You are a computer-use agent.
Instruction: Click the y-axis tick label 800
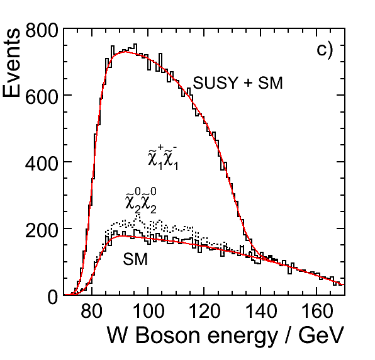tap(42, 30)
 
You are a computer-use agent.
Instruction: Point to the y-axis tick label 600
tap(42, 97)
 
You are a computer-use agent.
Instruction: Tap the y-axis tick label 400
tap(42, 164)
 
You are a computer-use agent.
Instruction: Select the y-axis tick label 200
tap(42, 230)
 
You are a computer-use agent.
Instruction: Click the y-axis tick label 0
tap(53, 297)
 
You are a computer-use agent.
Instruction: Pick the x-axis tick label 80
tap(92, 312)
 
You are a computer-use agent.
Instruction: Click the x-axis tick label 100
tap(148, 312)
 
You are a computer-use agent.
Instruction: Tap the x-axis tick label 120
tap(204, 312)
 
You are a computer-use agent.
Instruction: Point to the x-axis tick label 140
tap(260, 312)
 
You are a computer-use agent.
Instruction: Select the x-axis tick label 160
tap(316, 312)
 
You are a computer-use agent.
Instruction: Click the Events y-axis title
tap(11, 63)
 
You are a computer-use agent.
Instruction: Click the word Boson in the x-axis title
tap(167, 335)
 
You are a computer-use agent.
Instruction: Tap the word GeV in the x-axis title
tap(321, 335)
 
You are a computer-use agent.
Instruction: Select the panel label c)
tap(325, 51)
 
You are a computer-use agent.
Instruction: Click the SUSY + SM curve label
tap(238, 83)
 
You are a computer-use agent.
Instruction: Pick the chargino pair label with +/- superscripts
tap(164, 158)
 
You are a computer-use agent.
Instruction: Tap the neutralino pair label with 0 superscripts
tap(141, 200)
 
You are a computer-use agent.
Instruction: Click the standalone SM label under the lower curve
tap(135, 259)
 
